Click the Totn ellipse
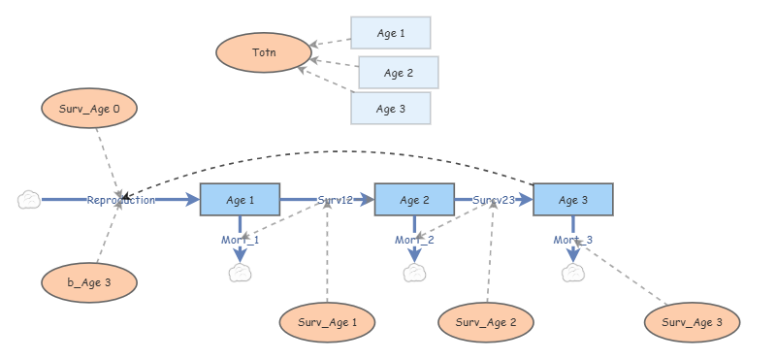(264, 52)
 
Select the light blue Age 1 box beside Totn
(390, 32)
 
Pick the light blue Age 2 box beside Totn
(398, 73)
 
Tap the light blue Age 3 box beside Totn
(390, 109)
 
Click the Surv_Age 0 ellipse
(89, 110)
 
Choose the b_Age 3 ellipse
(89, 282)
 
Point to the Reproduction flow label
(120, 200)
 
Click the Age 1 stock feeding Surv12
(240, 200)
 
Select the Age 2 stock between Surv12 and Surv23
(414, 200)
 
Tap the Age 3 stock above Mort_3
(572, 200)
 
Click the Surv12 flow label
(335, 200)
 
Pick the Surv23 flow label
(493, 200)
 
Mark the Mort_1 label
(241, 240)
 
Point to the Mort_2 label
(414, 240)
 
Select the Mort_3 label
(573, 240)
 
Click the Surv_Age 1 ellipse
(327, 321)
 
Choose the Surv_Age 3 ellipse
(693, 321)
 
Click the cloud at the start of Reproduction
(29, 200)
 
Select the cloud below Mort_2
(414, 273)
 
